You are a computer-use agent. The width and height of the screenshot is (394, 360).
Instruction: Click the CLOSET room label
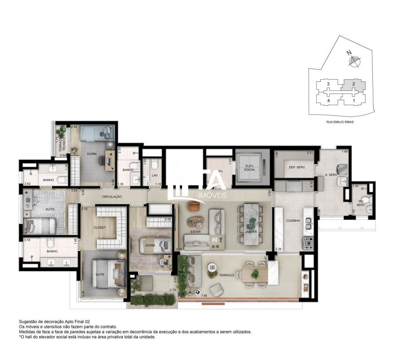99,228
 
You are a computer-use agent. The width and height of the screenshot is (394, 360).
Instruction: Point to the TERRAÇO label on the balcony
227,275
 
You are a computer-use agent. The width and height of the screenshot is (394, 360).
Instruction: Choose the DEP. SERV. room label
297,167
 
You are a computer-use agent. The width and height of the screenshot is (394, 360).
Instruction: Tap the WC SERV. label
361,203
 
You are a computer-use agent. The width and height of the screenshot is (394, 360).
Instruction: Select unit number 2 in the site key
353,84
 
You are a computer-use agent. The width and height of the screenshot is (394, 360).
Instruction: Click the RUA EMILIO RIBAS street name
340,122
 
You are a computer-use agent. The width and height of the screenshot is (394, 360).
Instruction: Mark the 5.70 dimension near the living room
179,249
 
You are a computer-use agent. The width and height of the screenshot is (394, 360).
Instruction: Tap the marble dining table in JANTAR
251,224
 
